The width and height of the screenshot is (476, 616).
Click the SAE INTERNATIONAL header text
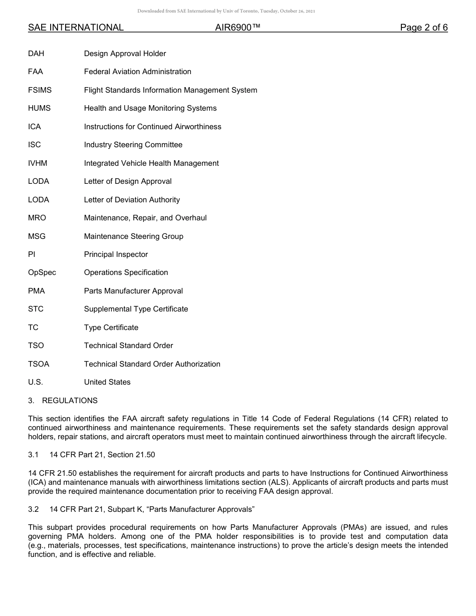(x=76, y=28)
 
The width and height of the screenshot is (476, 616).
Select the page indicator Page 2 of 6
(x=423, y=28)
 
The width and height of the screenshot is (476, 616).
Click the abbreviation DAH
(x=36, y=54)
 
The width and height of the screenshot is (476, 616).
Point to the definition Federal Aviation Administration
(x=137, y=72)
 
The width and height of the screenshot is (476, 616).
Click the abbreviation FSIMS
(x=40, y=90)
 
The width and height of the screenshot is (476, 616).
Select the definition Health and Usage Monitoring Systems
(x=150, y=108)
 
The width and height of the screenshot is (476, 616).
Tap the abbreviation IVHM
(x=38, y=163)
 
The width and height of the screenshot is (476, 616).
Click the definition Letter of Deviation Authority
(x=132, y=200)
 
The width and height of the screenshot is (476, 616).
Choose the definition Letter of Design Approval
(x=128, y=181)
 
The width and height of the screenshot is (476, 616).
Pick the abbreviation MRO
(x=37, y=218)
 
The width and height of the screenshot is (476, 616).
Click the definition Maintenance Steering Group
(x=133, y=236)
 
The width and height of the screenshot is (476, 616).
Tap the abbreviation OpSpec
(x=42, y=272)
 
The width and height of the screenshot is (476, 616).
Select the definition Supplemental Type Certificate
(x=136, y=309)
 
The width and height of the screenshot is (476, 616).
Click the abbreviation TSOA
(x=39, y=364)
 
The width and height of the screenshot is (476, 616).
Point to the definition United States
(x=107, y=382)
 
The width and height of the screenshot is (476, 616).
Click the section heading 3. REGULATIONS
(x=63, y=401)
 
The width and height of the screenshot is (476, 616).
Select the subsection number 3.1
(x=33, y=455)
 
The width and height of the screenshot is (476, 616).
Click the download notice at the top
(x=226, y=11)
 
